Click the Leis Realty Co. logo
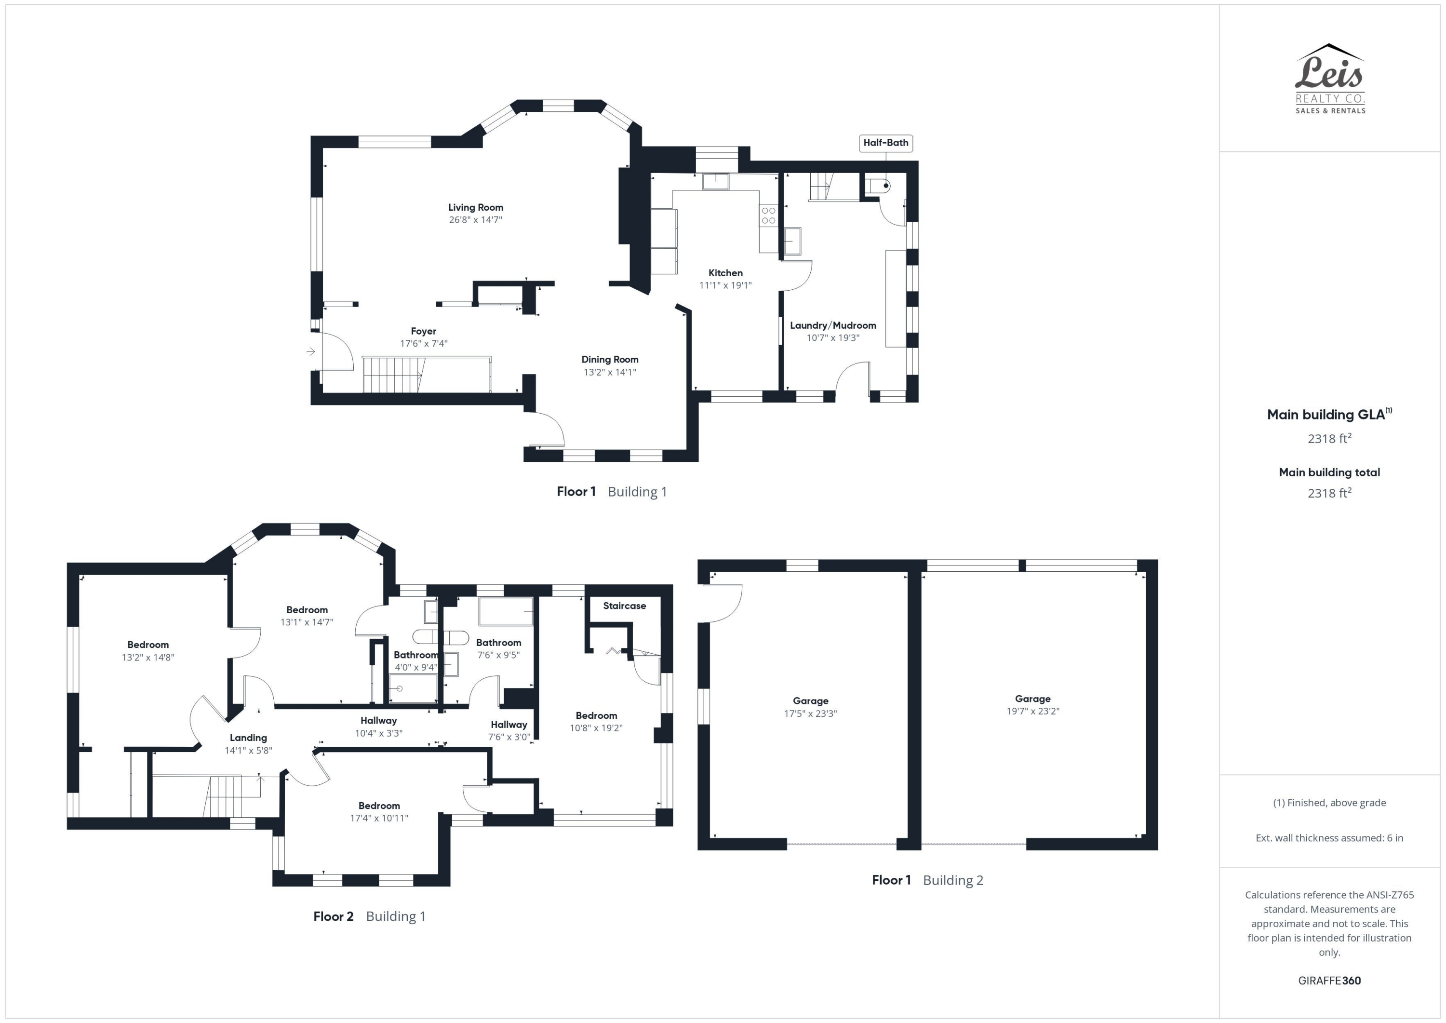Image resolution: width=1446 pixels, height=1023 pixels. click(x=1329, y=79)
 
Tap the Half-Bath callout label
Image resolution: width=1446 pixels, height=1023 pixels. click(x=885, y=143)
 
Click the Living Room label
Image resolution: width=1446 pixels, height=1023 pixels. click(x=475, y=207)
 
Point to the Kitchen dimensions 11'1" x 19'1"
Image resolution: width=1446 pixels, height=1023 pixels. click(x=725, y=285)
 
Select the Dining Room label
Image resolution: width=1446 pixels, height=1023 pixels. click(x=610, y=360)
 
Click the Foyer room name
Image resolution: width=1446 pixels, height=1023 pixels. click(x=423, y=331)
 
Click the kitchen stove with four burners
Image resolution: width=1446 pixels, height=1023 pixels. click(x=768, y=215)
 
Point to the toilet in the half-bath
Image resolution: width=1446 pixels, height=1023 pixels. click(x=878, y=186)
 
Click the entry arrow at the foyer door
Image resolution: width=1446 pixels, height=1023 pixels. click(x=310, y=351)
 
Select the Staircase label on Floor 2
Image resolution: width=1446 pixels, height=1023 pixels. click(x=624, y=606)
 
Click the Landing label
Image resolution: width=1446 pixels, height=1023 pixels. click(x=248, y=738)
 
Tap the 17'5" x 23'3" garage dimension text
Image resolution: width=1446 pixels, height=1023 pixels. click(x=811, y=713)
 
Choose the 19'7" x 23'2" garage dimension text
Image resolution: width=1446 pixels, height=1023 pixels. click(x=1033, y=711)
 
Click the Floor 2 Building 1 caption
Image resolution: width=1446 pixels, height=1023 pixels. click(x=370, y=916)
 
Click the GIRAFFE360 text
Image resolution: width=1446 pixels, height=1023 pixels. click(x=1329, y=981)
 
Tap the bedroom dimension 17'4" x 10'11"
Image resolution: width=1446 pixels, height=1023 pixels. click(x=379, y=818)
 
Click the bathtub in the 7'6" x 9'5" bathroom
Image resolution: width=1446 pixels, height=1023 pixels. click(x=506, y=611)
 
